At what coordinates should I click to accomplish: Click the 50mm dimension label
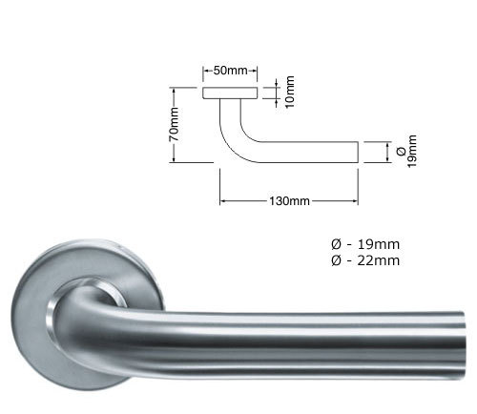click(232, 71)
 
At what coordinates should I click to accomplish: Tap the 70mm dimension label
click(175, 124)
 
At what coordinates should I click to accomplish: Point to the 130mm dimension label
click(290, 201)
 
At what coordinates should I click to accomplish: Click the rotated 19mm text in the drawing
click(412, 152)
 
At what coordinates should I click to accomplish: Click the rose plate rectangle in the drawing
click(232, 93)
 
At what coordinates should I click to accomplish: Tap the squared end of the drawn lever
click(357, 153)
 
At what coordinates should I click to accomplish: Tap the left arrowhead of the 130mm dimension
click(223, 201)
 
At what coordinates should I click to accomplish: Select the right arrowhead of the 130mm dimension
click(358, 201)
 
